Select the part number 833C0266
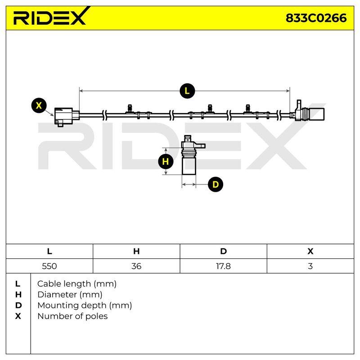[x=316, y=18]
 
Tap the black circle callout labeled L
[x=187, y=91]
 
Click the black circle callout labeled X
[x=39, y=105]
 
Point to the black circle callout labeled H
[x=166, y=162]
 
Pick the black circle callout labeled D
[x=216, y=184]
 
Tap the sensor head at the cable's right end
[x=308, y=112]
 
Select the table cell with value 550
[x=49, y=266]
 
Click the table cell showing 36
[x=136, y=266]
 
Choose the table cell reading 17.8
[x=223, y=266]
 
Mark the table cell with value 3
[x=310, y=266]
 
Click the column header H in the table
[x=136, y=252]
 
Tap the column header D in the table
[x=223, y=252]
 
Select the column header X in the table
[x=310, y=252]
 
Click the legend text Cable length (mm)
[x=77, y=284]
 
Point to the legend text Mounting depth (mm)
[x=85, y=306]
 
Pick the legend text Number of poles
[x=72, y=316]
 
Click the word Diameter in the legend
[x=57, y=295]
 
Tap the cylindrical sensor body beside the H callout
[x=189, y=165]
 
